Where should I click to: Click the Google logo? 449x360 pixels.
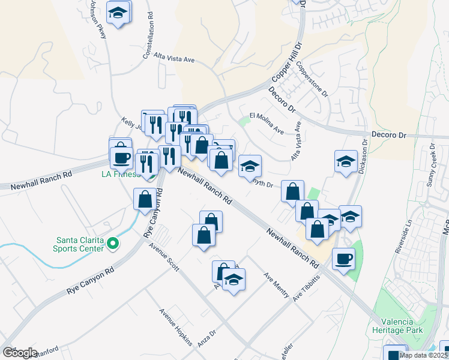click(x=20, y=353)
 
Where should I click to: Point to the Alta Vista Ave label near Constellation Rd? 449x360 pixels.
click(x=175, y=59)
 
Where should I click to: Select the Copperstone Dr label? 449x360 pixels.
click(x=312, y=82)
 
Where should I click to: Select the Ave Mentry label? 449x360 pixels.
click(x=277, y=285)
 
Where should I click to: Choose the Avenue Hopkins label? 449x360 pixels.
click(x=175, y=328)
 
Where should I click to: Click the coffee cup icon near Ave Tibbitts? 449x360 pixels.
click(x=343, y=259)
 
